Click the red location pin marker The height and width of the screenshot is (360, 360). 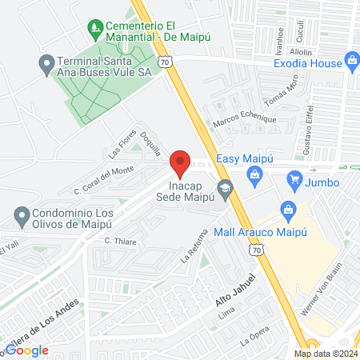[x=180, y=163]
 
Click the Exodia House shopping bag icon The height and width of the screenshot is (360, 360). [x=351, y=62]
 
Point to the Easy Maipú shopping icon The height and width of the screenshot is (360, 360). [x=254, y=174]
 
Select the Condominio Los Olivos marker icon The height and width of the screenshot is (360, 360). [x=22, y=214]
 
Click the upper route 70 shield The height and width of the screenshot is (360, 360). [x=164, y=60]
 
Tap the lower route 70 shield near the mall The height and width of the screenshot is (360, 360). [x=255, y=250]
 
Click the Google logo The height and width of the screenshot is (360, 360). [x=28, y=350]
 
